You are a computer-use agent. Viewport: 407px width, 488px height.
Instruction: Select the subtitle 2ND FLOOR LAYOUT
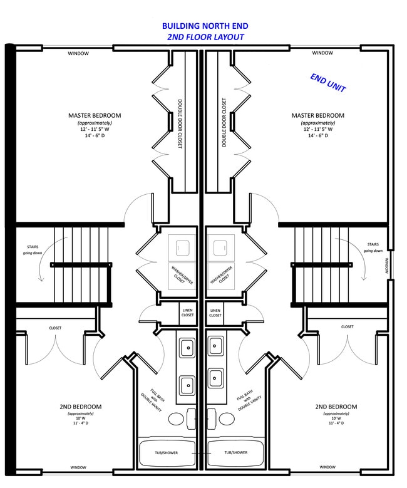click(205, 37)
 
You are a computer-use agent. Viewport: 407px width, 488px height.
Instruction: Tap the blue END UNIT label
click(328, 83)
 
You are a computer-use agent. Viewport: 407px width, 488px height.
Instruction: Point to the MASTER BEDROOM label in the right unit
click(317, 115)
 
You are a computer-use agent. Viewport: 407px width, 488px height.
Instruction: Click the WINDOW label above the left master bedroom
click(78, 53)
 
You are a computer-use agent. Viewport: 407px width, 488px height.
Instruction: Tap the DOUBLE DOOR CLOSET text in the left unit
click(180, 122)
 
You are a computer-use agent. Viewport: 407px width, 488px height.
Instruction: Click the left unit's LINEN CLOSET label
click(188, 313)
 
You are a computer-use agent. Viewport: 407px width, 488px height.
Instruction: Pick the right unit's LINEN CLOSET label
click(215, 313)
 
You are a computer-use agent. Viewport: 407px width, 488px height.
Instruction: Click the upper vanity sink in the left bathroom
click(187, 346)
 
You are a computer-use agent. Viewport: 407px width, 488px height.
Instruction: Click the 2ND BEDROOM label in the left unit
click(81, 407)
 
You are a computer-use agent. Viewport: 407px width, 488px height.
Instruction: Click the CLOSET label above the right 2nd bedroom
click(347, 326)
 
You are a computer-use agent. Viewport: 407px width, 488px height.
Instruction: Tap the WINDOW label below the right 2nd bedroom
click(327, 467)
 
